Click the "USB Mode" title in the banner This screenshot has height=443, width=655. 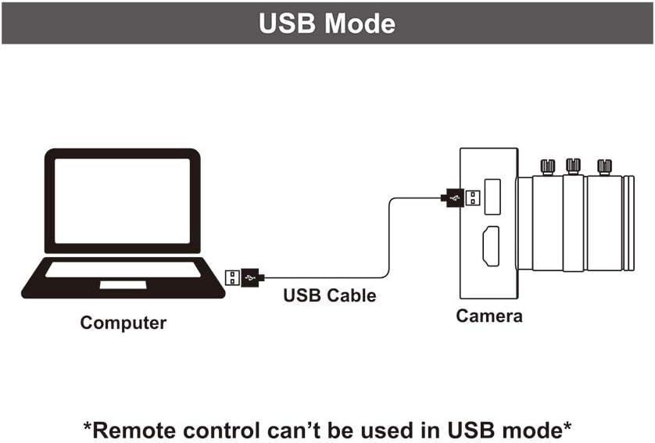point(327,23)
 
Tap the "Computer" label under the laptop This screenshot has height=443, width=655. point(123,322)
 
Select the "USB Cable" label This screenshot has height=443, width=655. point(329,295)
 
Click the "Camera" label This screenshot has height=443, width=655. point(489,316)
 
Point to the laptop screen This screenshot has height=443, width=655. point(122,201)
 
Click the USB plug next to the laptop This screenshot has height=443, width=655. point(245,277)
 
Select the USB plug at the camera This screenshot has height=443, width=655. point(460,198)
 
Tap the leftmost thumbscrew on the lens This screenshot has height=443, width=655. point(547,166)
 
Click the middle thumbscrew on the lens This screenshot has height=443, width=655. point(573,165)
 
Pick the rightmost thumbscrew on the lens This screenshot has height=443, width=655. point(604,166)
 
